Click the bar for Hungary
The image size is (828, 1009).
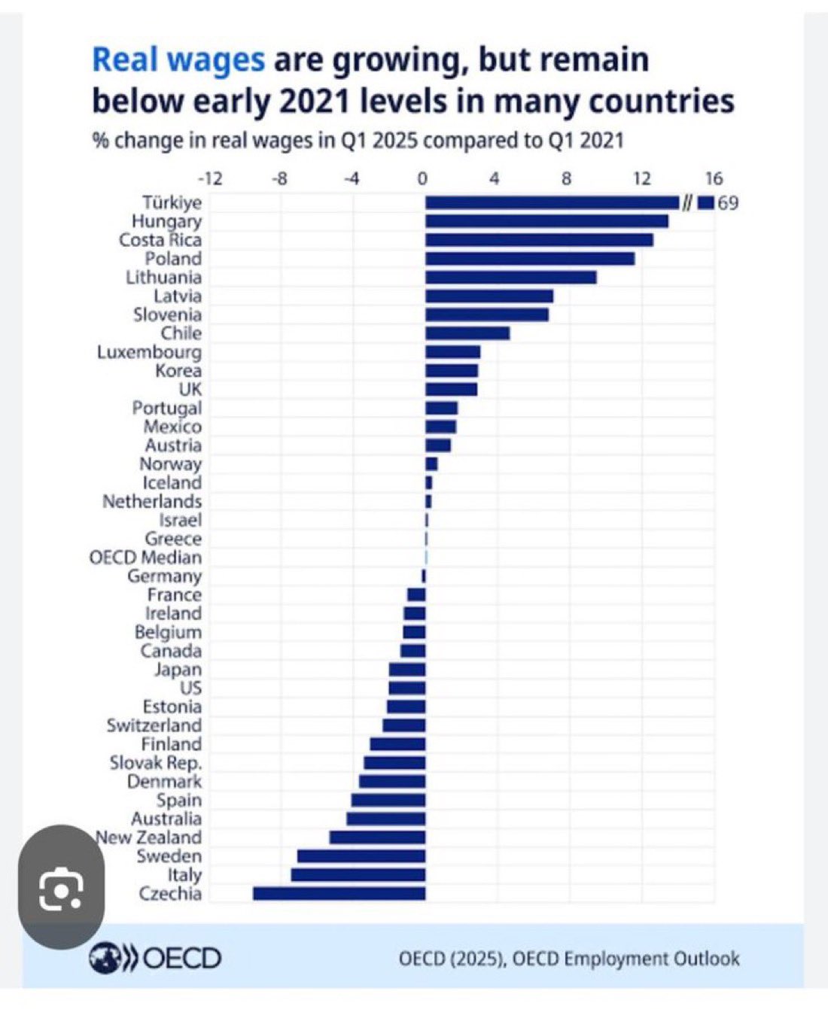[546, 221]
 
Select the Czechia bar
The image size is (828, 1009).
[339, 893]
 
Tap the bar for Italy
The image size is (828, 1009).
[358, 874]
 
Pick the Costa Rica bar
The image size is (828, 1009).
[539, 240]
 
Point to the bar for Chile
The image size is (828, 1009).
[467, 333]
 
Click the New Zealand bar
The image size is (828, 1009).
[377, 837]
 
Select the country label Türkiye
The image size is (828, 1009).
[172, 202]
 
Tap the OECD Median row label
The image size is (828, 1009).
[145, 558]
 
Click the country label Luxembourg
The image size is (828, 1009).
[149, 352]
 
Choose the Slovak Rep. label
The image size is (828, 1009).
[156, 762]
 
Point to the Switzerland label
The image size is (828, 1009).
[154, 725]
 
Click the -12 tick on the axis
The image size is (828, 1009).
[210, 179]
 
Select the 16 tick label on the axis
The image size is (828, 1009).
[714, 179]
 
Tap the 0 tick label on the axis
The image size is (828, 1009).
[422, 179]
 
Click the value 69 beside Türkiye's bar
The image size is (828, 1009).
[728, 202]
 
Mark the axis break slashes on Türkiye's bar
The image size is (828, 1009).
[686, 202]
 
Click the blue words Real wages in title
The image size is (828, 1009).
[178, 59]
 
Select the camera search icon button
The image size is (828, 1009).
[61, 888]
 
